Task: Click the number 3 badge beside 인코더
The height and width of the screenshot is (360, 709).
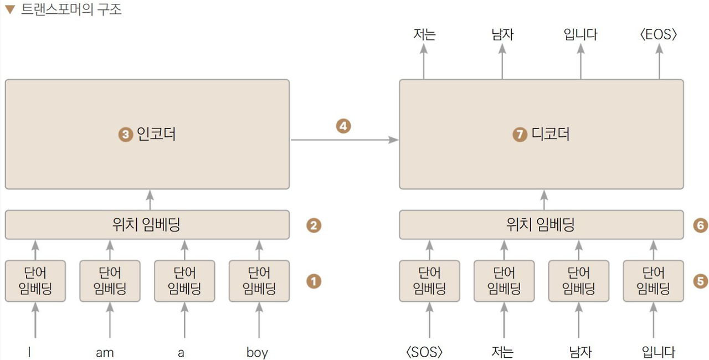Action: [126, 135]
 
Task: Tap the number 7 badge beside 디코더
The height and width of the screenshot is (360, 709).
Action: [520, 135]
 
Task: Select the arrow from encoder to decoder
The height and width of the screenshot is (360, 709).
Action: [344, 140]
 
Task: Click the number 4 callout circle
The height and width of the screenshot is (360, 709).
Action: [343, 126]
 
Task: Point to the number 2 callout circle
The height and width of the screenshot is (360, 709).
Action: [314, 225]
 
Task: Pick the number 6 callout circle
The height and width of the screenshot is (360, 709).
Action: [701, 225]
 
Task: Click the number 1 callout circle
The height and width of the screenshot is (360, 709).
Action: [314, 281]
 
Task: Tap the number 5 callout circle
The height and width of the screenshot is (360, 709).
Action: [701, 281]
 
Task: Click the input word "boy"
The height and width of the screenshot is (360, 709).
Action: [257, 352]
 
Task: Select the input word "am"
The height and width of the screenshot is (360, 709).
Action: [105, 352]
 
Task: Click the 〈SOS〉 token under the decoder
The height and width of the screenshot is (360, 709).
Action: [425, 352]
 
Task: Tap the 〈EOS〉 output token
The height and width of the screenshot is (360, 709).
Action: [658, 35]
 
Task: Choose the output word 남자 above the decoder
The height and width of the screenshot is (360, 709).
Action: [502, 35]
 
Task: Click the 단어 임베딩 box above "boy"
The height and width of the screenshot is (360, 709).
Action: [259, 281]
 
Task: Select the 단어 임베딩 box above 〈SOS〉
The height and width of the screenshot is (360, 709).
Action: [429, 281]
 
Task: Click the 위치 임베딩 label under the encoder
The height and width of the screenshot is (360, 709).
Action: [146, 225]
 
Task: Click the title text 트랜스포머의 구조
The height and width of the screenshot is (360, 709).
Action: [71, 9]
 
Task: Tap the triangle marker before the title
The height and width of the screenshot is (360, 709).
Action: [9, 9]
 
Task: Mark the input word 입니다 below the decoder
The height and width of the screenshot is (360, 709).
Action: [659, 352]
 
